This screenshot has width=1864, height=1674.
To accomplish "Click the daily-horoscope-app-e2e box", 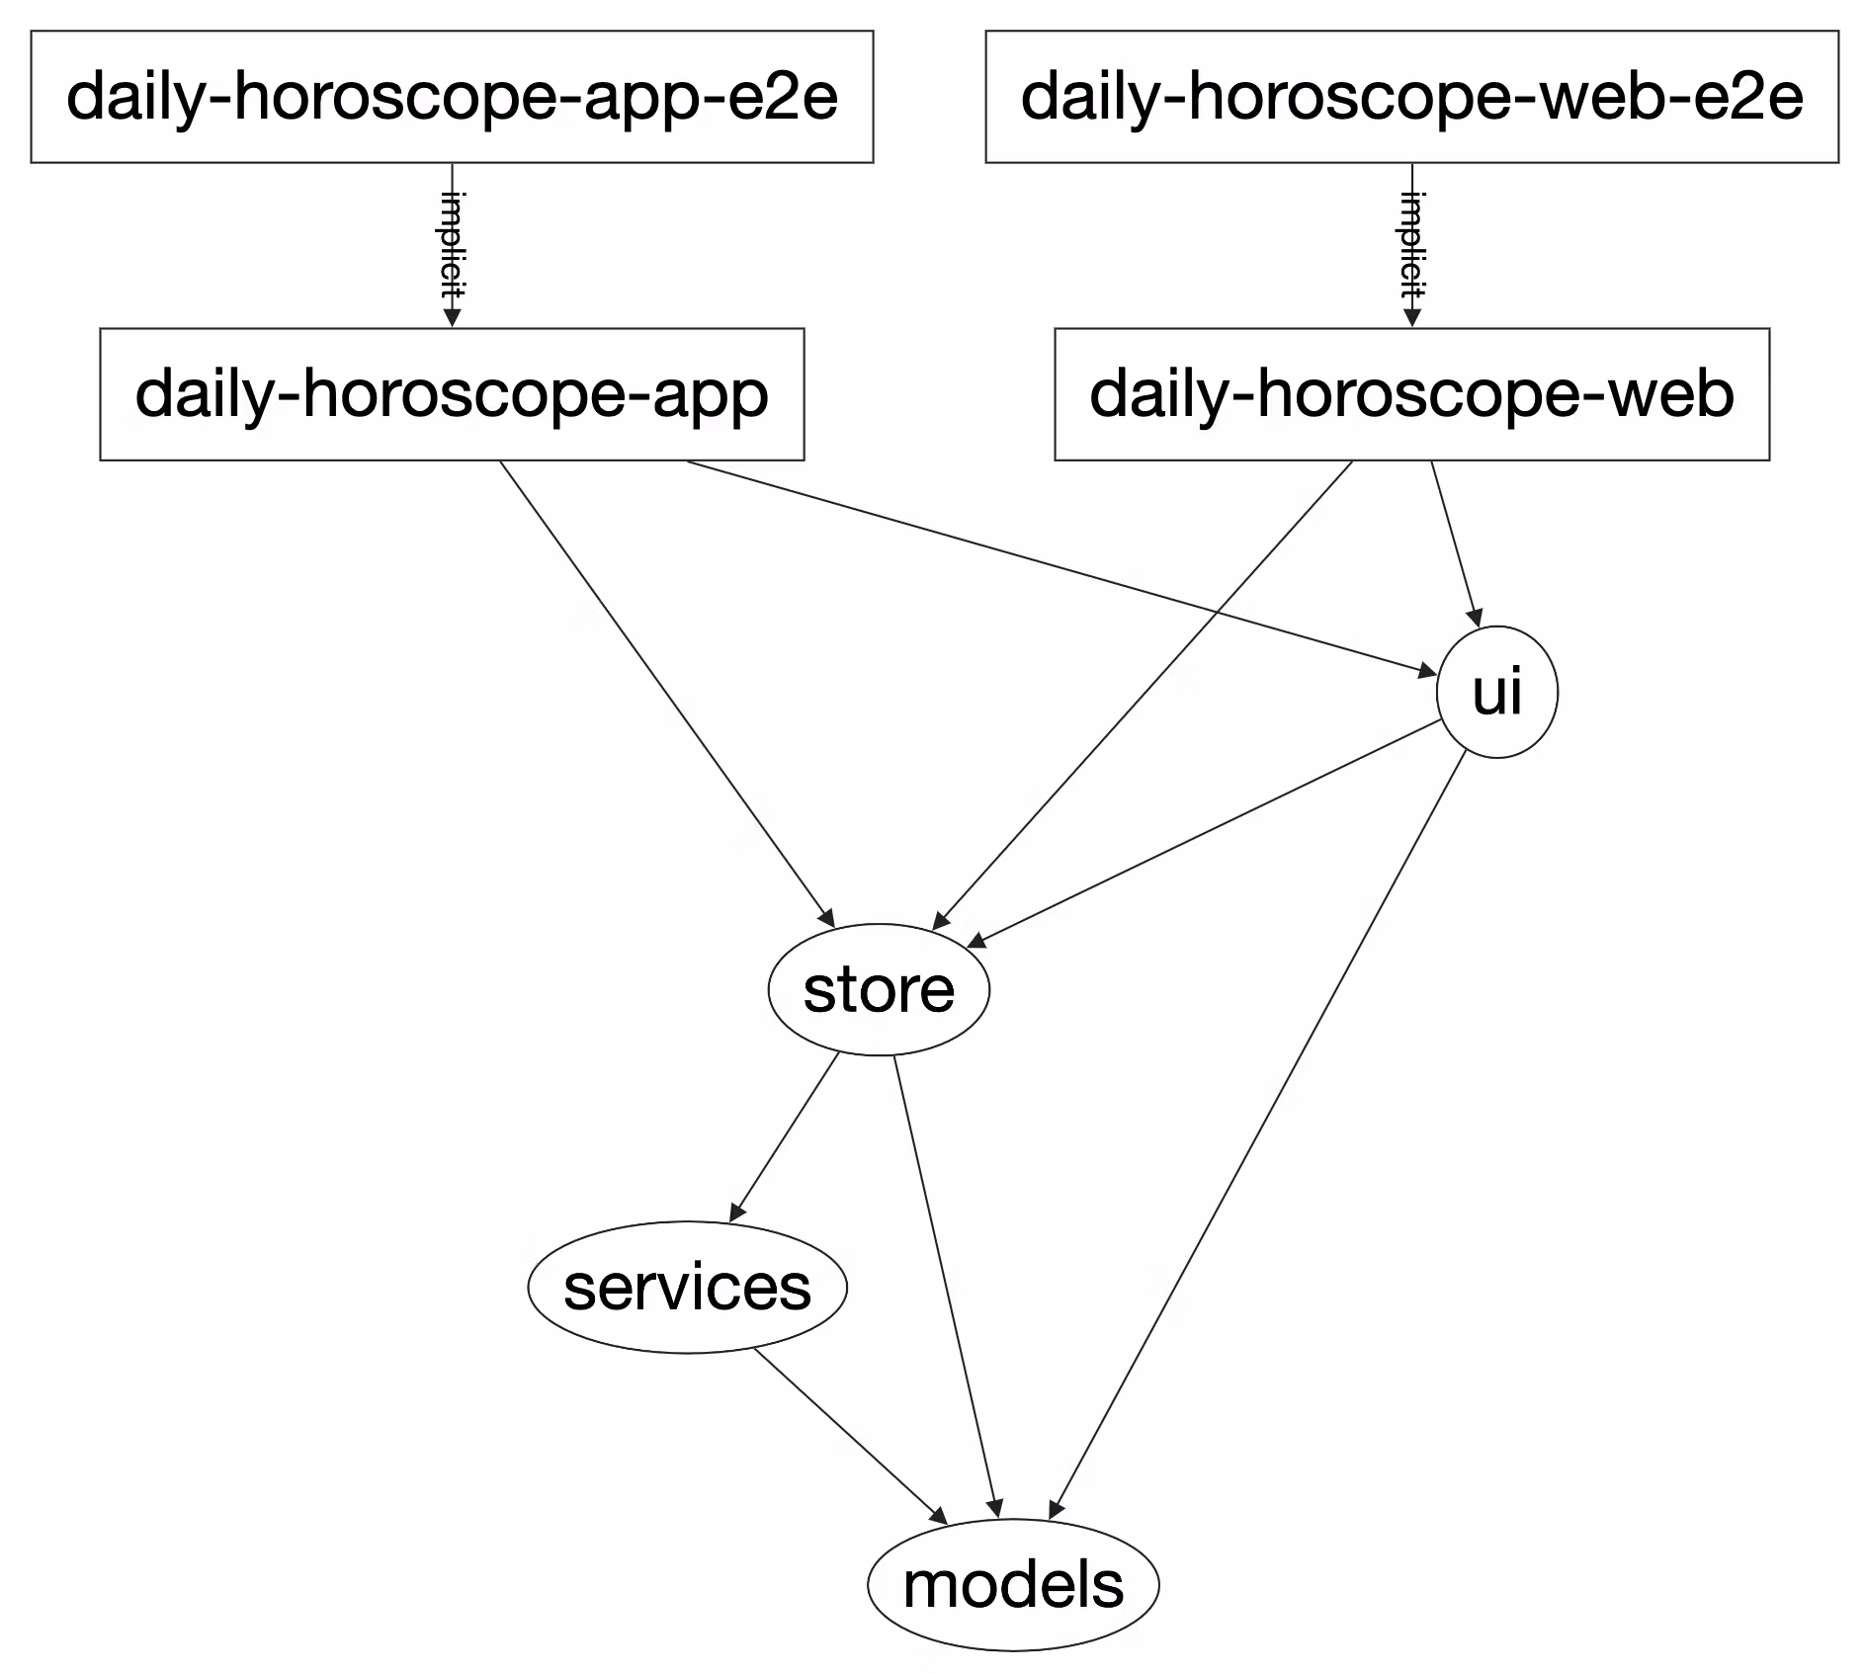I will coord(452,97).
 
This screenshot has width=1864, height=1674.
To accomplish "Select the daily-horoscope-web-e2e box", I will coord(1411,97).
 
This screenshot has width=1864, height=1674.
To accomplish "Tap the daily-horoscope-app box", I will coord(452,394).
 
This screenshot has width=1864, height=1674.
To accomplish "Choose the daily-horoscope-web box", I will coord(1411,394).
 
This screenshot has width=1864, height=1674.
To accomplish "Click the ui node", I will coord(1496,692).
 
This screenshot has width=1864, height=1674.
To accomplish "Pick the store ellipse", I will coord(879,989).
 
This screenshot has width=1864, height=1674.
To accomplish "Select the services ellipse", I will coord(687,1287).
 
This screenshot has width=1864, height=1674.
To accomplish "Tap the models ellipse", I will coord(1013,1584).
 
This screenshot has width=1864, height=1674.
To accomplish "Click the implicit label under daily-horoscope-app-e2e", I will coord(453,245).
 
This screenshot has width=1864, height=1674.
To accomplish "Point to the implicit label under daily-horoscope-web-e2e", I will coord(1412,245).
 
